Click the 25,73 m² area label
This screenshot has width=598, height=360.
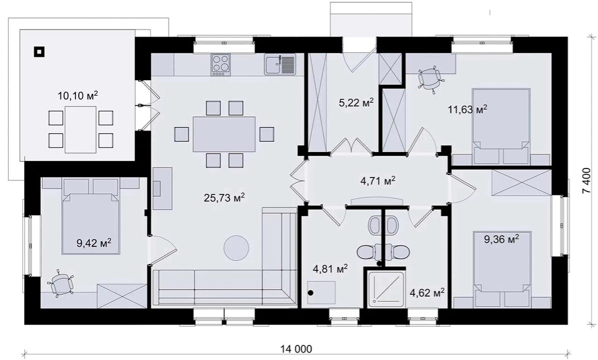point(224,197)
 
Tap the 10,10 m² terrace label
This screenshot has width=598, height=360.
point(78,95)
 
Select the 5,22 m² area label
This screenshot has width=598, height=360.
point(356,102)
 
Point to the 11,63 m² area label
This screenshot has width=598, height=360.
point(467,109)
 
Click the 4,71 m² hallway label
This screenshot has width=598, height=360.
point(378,181)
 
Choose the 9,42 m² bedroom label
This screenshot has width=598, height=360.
point(94,243)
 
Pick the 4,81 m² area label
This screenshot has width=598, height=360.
point(330,269)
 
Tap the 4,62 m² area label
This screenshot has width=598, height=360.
point(427,293)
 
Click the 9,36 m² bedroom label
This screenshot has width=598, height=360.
point(502,239)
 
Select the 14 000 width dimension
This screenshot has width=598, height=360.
point(296,349)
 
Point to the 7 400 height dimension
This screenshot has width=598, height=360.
point(591,180)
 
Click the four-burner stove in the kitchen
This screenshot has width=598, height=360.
point(220,65)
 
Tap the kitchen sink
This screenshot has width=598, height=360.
point(280,64)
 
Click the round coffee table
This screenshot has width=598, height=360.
point(236,248)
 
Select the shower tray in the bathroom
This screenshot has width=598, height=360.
point(386,289)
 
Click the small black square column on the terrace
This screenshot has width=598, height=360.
point(39,52)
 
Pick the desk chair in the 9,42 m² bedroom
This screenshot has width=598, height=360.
point(62,285)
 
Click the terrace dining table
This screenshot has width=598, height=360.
point(80,130)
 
